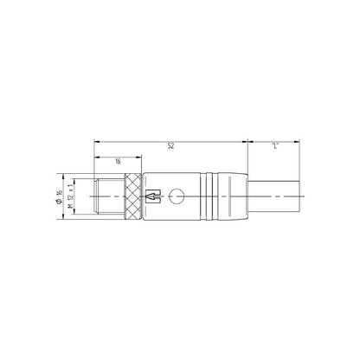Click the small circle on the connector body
pos(178,198)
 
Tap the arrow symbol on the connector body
pos(153,198)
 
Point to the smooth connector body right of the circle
pos(192,198)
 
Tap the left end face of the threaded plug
pos(94,198)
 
